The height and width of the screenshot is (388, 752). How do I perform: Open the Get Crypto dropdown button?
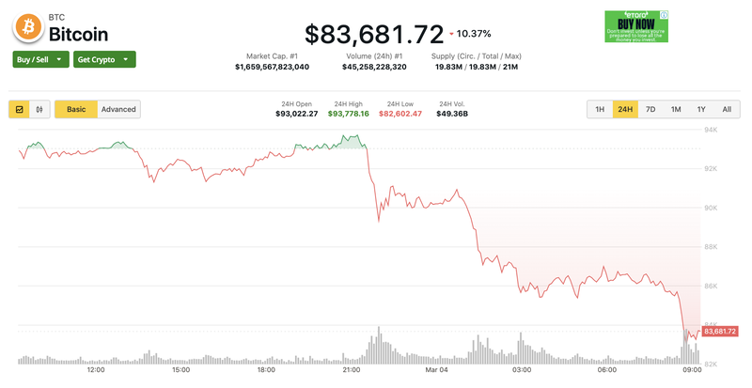click(104, 59)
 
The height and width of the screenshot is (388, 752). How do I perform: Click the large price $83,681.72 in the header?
click(374, 35)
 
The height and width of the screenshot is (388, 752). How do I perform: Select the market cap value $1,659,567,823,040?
click(272, 68)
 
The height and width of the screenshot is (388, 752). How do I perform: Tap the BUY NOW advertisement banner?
click(635, 26)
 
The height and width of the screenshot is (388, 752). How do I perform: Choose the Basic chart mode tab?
click(76, 109)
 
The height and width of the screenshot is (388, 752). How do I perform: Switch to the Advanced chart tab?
click(118, 109)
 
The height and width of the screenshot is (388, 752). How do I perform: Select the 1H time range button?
click(599, 109)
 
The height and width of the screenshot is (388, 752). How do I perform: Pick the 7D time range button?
click(650, 109)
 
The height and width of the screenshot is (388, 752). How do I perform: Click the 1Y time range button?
click(700, 109)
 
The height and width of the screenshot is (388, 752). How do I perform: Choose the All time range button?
click(726, 109)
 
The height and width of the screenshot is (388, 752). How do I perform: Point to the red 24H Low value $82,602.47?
click(400, 114)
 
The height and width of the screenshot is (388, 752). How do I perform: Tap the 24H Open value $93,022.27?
click(296, 114)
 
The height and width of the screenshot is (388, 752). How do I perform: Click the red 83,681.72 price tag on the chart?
click(719, 331)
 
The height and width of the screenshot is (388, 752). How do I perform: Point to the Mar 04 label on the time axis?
click(436, 370)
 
